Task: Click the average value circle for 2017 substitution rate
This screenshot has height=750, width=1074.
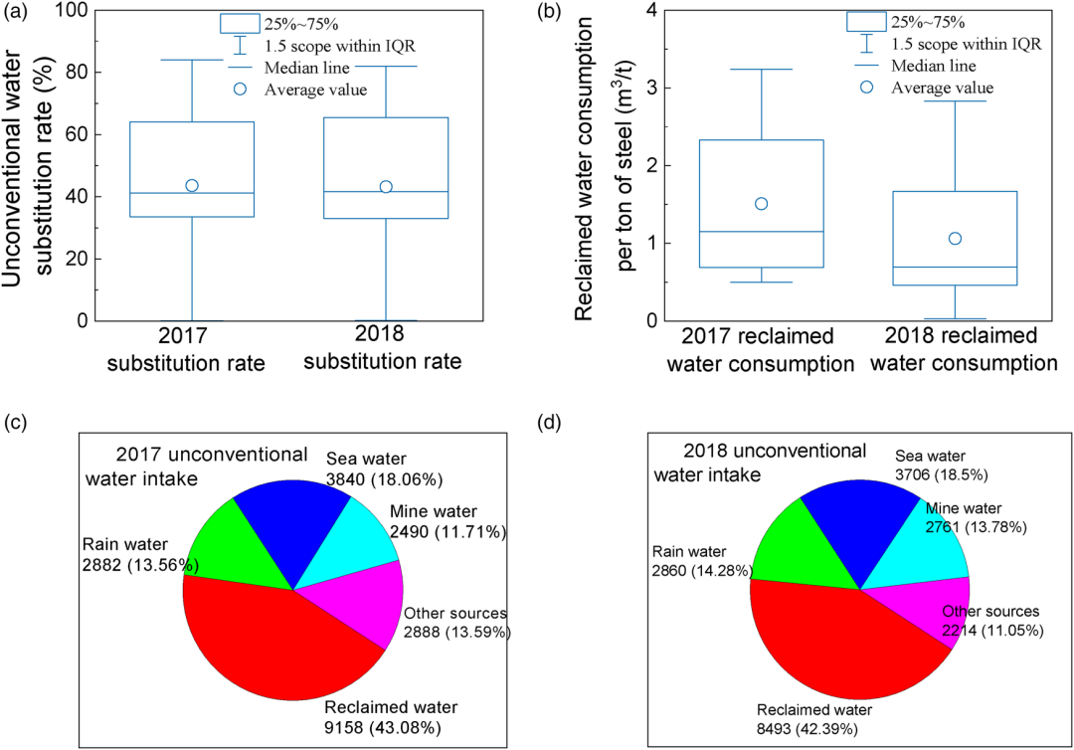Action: [192, 186]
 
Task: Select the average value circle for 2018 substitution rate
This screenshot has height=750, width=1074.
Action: [386, 187]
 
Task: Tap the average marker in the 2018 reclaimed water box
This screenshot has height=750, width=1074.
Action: [955, 239]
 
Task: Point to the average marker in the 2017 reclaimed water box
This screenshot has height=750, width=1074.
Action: [761, 204]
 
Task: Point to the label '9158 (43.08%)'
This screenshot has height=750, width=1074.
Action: [383, 727]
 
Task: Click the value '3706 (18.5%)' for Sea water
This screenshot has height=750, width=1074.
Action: [941, 474]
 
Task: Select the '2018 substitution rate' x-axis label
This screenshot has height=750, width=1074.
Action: [382, 348]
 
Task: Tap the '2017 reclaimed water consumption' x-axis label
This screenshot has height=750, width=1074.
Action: [761, 350]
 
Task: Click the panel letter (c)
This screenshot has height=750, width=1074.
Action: [16, 422]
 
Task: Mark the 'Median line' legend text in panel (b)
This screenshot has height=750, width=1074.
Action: [934, 66]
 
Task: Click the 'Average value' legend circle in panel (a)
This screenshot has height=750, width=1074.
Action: [240, 90]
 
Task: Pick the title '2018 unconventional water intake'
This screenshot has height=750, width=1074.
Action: [761, 463]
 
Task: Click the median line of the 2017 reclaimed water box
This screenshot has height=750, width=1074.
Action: [761, 232]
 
